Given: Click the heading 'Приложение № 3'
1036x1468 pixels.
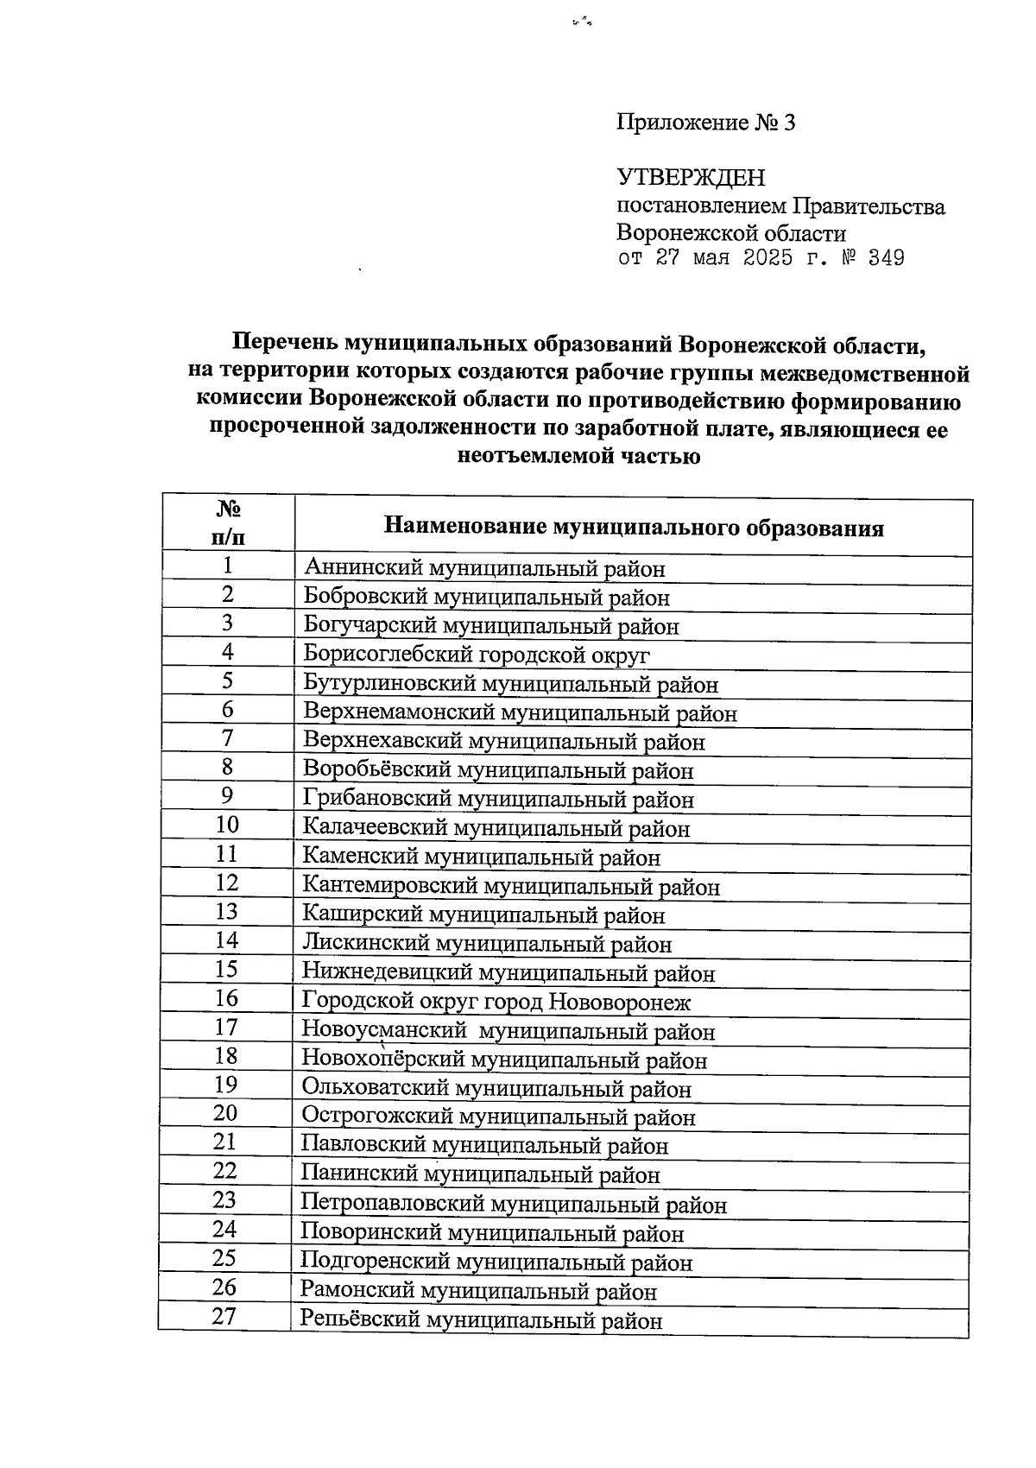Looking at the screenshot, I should pos(705,123).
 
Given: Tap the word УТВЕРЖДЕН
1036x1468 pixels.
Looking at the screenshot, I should pos(691,178).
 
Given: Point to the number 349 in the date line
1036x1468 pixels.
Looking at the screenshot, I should pos(886,258).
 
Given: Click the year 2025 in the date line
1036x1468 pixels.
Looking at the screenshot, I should pos(768,258).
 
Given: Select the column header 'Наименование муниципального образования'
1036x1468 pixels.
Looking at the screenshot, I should pos(633,528).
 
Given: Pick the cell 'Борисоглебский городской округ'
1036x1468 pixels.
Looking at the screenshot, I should pos(477,655).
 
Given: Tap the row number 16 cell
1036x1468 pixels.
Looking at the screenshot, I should pos(226,998).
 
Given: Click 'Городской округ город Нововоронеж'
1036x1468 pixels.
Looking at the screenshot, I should pos(496,1003).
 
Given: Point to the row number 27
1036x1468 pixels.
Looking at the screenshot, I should pos(224,1317).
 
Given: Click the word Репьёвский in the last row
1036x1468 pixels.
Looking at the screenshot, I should pos(359,1320).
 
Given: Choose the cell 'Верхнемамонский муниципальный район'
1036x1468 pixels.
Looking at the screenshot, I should pos(520,713).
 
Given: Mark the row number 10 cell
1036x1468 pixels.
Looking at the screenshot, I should pos(227,825).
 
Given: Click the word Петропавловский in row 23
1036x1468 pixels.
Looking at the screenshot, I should pos(392,1205).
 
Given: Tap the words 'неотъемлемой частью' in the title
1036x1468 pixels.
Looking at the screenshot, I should pos(578,456).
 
